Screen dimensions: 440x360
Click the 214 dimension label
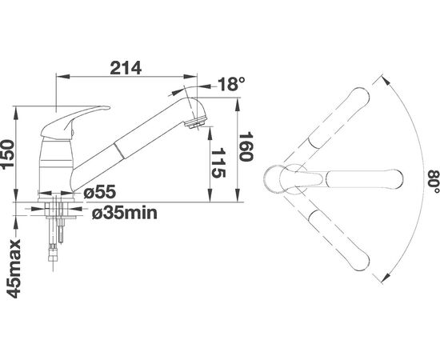126,68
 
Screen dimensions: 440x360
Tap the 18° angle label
231,84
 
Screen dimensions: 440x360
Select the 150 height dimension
7,154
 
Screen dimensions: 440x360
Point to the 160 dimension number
246,146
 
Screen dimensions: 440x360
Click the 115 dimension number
218,163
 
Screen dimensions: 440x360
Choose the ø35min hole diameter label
125,213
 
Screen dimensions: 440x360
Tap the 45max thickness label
14,269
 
